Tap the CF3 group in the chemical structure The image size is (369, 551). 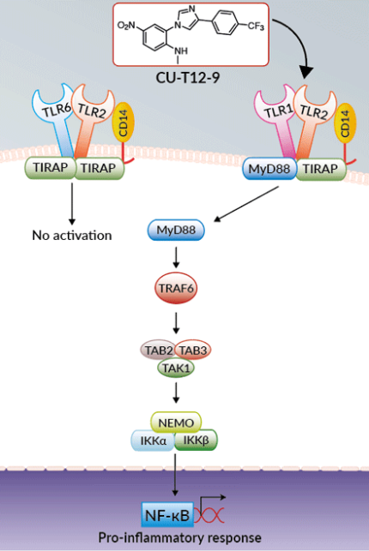click(x=253, y=25)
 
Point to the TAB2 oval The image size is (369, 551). click(x=157, y=351)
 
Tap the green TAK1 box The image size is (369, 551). click(x=175, y=368)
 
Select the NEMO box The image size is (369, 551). click(x=175, y=423)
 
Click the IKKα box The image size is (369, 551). click(x=154, y=440)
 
